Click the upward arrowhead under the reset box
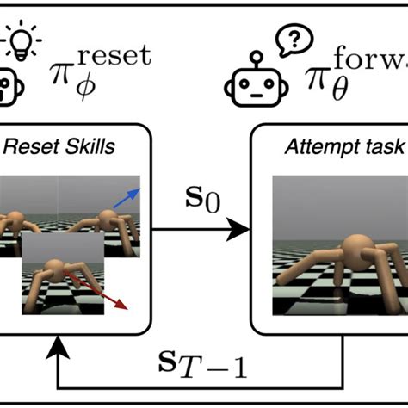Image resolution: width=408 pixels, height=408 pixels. coord(59,344)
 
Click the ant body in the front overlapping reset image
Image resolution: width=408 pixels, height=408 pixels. coord(55,269)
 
